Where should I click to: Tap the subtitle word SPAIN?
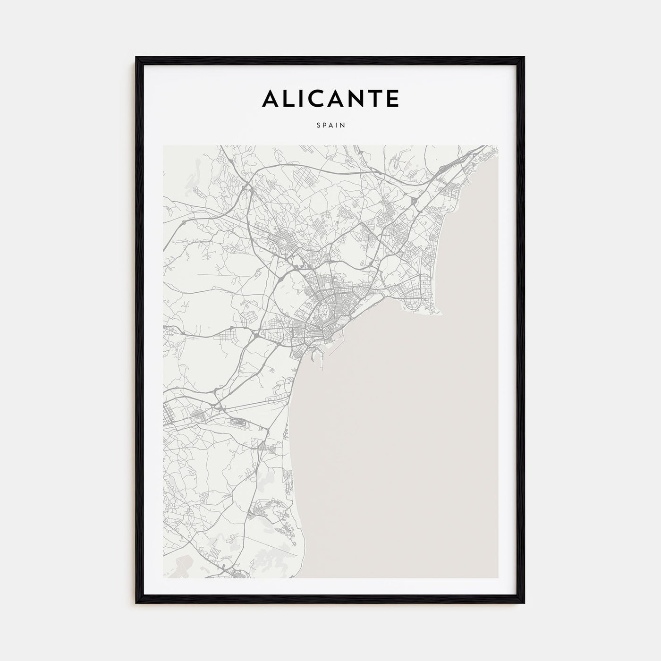tap(330, 125)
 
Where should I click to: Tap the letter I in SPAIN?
tap(337, 125)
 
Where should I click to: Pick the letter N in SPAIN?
tap(343, 125)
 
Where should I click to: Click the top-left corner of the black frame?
tap(137, 58)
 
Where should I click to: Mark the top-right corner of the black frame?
tap(524, 58)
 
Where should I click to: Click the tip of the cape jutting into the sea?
tap(442, 312)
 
